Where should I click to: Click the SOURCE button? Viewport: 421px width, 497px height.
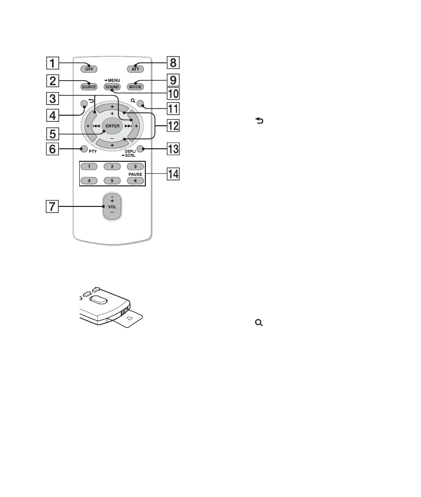[89, 87]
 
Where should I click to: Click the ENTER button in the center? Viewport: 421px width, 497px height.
[112, 125]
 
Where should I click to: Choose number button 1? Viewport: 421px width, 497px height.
[89, 166]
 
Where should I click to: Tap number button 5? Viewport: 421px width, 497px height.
[112, 180]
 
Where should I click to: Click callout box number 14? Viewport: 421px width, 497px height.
[173, 176]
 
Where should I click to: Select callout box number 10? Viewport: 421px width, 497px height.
[173, 94]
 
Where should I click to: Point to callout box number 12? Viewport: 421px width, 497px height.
[173, 126]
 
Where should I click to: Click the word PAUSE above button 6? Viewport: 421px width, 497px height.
[135, 173]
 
